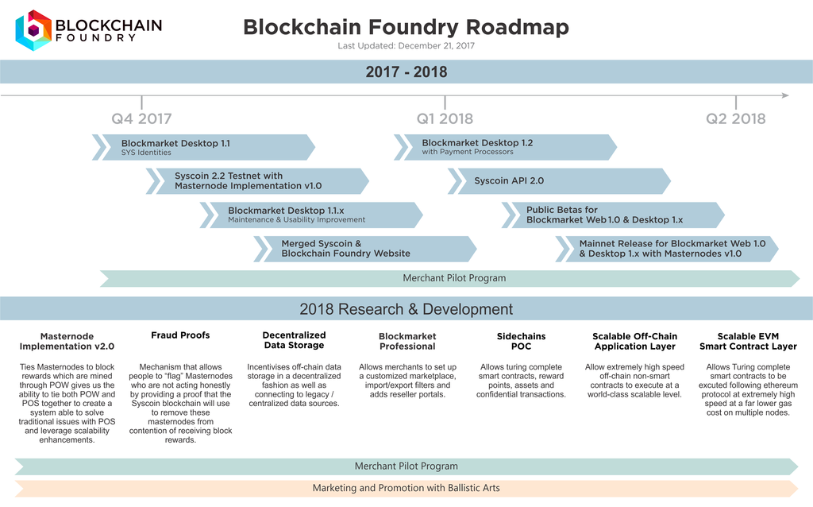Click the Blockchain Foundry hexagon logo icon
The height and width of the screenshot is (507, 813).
(33, 30)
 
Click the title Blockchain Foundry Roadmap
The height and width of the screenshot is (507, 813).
(406, 27)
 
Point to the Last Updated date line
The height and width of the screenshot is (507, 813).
(406, 45)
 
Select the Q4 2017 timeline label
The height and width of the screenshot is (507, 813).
(141, 119)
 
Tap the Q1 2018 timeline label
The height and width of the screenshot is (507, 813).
(445, 119)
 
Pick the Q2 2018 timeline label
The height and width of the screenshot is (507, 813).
(736, 119)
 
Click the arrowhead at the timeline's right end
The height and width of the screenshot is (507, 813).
(784, 95)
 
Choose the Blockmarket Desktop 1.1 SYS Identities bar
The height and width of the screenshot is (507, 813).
(206, 147)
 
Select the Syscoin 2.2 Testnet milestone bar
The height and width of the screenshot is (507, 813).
(258, 180)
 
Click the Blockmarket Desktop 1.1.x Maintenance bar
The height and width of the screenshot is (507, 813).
(312, 215)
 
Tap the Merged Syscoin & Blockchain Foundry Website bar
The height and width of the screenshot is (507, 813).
(366, 248)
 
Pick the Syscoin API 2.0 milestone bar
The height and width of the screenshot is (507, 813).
(560, 180)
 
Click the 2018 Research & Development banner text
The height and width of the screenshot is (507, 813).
(406, 309)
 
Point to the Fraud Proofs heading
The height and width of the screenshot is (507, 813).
(180, 335)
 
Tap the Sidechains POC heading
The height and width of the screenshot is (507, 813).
(521, 341)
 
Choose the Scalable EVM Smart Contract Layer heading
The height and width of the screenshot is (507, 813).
(748, 341)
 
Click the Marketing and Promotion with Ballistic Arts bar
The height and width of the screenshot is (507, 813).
(406, 487)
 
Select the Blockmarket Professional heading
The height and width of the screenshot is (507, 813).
(407, 341)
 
